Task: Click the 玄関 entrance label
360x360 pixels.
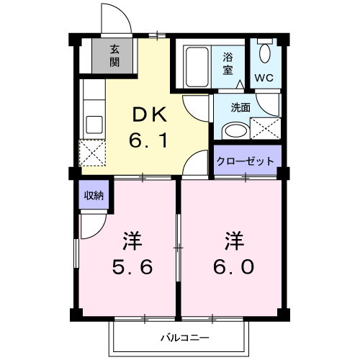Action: click(114, 55)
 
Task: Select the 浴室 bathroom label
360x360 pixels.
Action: click(228, 63)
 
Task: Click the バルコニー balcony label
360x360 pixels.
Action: click(184, 336)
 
